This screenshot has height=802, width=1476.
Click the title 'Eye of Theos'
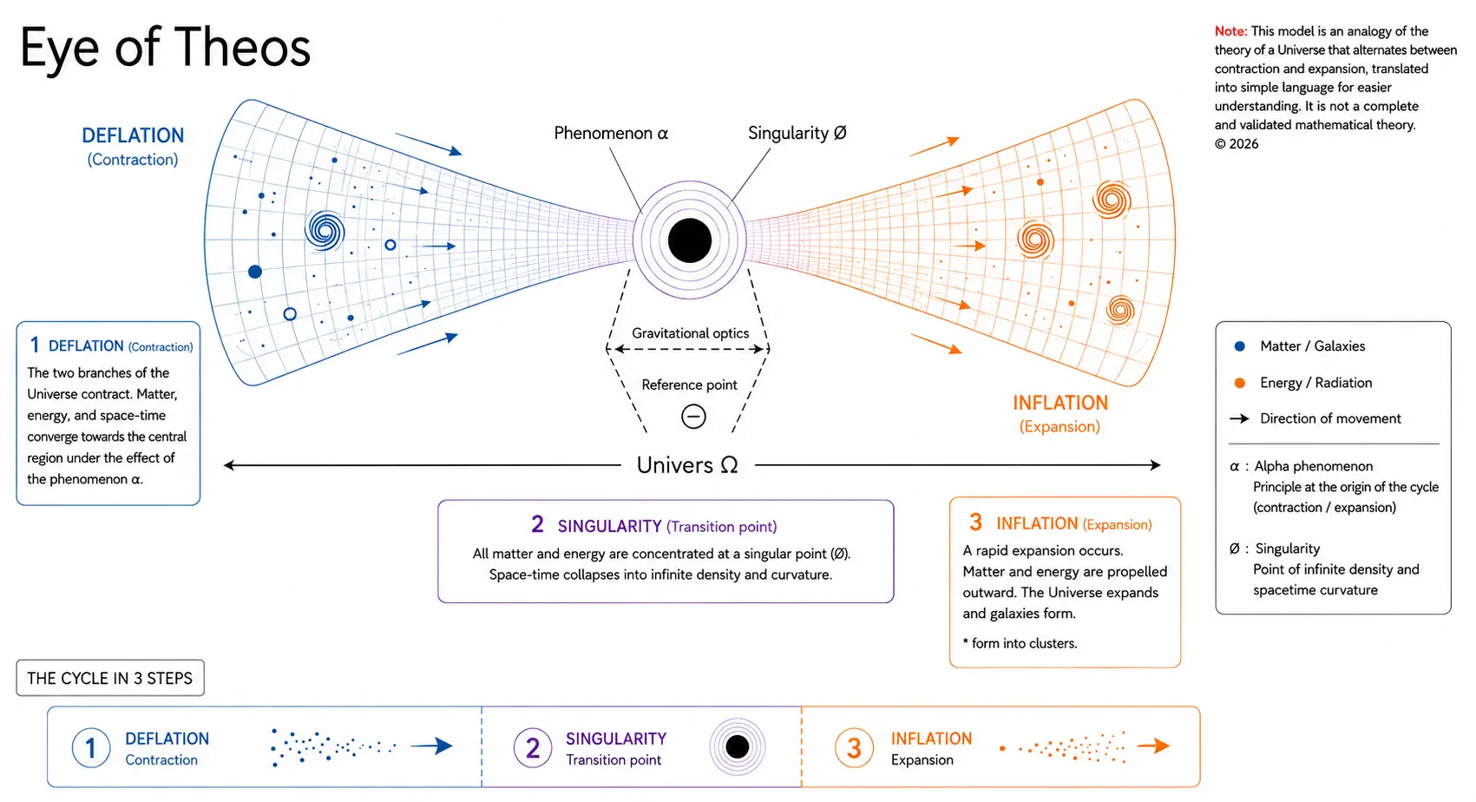click(165, 48)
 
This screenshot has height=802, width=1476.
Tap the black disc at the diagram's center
click(689, 240)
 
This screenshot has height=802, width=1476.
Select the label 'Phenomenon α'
click(611, 133)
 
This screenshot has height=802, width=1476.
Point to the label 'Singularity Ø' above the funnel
click(797, 133)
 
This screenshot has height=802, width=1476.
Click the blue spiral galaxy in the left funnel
click(325, 231)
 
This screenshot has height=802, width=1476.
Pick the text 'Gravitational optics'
click(690, 333)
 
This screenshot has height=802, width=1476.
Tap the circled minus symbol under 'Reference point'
click(693, 417)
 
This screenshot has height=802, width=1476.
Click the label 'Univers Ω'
click(686, 465)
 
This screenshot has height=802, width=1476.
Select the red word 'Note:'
click(1230, 31)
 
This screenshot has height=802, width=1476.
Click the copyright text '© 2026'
click(1237, 144)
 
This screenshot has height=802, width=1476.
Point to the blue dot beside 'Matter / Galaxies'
click(1239, 346)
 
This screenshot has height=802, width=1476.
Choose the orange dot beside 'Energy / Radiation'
click(1239, 383)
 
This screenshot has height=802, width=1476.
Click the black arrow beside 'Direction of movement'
click(1239, 418)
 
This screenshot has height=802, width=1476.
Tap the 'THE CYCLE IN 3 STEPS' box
click(110, 678)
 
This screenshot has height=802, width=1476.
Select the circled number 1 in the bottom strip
click(91, 748)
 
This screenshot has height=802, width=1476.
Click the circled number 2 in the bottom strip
click(533, 748)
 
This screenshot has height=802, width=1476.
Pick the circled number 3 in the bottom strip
click(854, 748)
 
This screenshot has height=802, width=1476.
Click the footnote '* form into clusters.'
click(1020, 643)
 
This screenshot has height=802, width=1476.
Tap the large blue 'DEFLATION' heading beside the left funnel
click(133, 135)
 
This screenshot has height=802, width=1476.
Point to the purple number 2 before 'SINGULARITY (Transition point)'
click(538, 524)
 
